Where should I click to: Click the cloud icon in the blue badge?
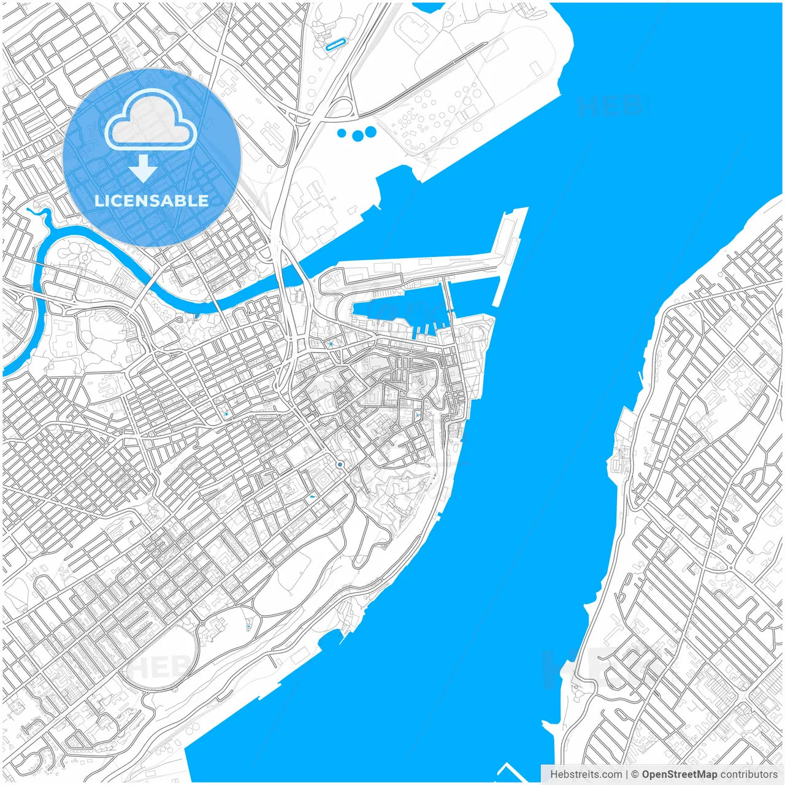pos(151,120)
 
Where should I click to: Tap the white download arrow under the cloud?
pos(144,168)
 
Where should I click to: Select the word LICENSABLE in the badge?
pos(151,201)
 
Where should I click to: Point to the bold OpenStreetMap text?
pos(680,775)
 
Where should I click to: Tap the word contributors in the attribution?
pos(749,775)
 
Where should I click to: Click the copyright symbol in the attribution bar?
pos(635,775)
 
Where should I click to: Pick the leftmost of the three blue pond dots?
pos(342,133)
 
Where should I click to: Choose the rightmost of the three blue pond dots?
pos(370,131)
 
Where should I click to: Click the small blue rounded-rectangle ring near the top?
pos(335,44)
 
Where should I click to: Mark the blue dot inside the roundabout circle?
pos(340,465)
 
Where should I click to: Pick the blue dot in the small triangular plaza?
pos(331,344)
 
